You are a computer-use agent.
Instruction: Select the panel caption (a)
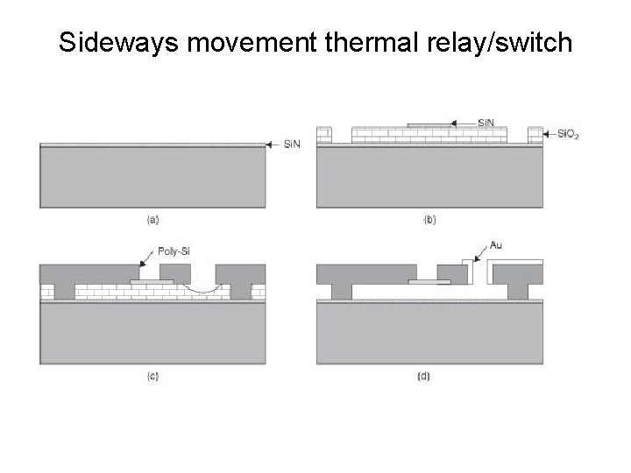click(152, 219)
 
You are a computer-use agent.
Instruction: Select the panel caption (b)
click(429, 219)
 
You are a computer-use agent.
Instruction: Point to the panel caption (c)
click(152, 377)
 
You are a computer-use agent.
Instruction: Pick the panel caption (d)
click(429, 377)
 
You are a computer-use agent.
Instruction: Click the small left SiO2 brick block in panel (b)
click(325, 136)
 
